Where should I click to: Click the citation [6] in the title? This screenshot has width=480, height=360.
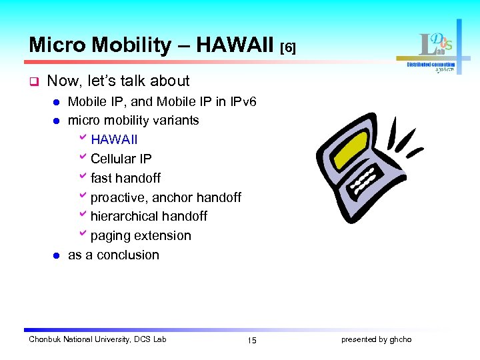pyautogui.click(x=287, y=47)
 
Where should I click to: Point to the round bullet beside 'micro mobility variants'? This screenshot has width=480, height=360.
pyautogui.click(x=57, y=121)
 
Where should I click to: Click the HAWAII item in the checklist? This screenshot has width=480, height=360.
pyautogui.click(x=114, y=140)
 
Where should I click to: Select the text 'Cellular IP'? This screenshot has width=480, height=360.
pyautogui.click(x=121, y=159)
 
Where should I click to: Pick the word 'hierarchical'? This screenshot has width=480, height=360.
pyautogui.click(x=123, y=216)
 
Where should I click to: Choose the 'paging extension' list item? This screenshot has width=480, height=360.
pyautogui.click(x=140, y=235)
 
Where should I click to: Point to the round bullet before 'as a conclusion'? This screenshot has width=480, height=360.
pyautogui.click(x=57, y=255)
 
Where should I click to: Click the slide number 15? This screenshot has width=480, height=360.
pyautogui.click(x=251, y=340)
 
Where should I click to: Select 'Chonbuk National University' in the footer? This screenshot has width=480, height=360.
pyautogui.click(x=80, y=339)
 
